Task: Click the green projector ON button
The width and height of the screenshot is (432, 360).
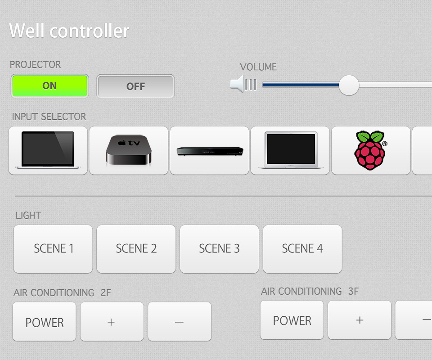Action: click(49, 86)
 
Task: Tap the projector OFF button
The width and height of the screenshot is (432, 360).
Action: click(135, 86)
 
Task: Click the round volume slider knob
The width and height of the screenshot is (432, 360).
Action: click(349, 85)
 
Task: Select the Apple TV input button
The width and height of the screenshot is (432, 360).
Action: click(129, 150)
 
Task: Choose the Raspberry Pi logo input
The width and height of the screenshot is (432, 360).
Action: click(371, 150)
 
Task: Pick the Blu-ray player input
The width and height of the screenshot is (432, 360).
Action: click(209, 150)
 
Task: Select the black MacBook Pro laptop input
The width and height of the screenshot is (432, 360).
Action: click(48, 150)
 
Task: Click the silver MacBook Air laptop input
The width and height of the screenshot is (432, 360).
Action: click(290, 150)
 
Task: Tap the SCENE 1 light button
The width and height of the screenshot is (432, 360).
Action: click(53, 249)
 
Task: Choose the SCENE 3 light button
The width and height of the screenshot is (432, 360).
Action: click(219, 249)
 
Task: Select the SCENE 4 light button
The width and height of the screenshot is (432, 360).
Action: click(302, 249)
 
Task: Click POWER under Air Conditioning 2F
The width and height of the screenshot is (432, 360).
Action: click(45, 322)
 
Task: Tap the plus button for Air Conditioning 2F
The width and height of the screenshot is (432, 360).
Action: click(112, 322)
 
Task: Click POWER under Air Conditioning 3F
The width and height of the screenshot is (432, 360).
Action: click(292, 320)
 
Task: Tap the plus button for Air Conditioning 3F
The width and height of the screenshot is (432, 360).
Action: click(360, 320)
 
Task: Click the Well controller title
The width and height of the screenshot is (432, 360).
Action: click(69, 31)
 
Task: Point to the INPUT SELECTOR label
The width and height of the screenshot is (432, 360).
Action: click(49, 117)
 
